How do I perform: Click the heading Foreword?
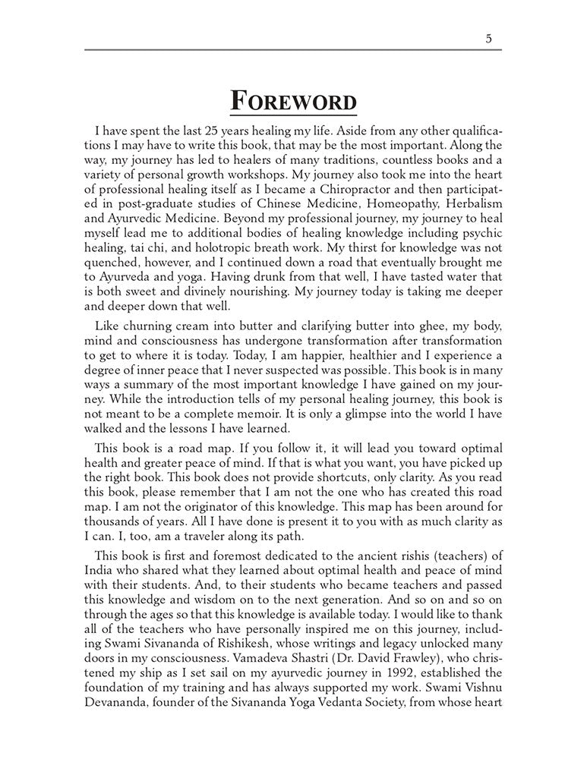click(x=294, y=101)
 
